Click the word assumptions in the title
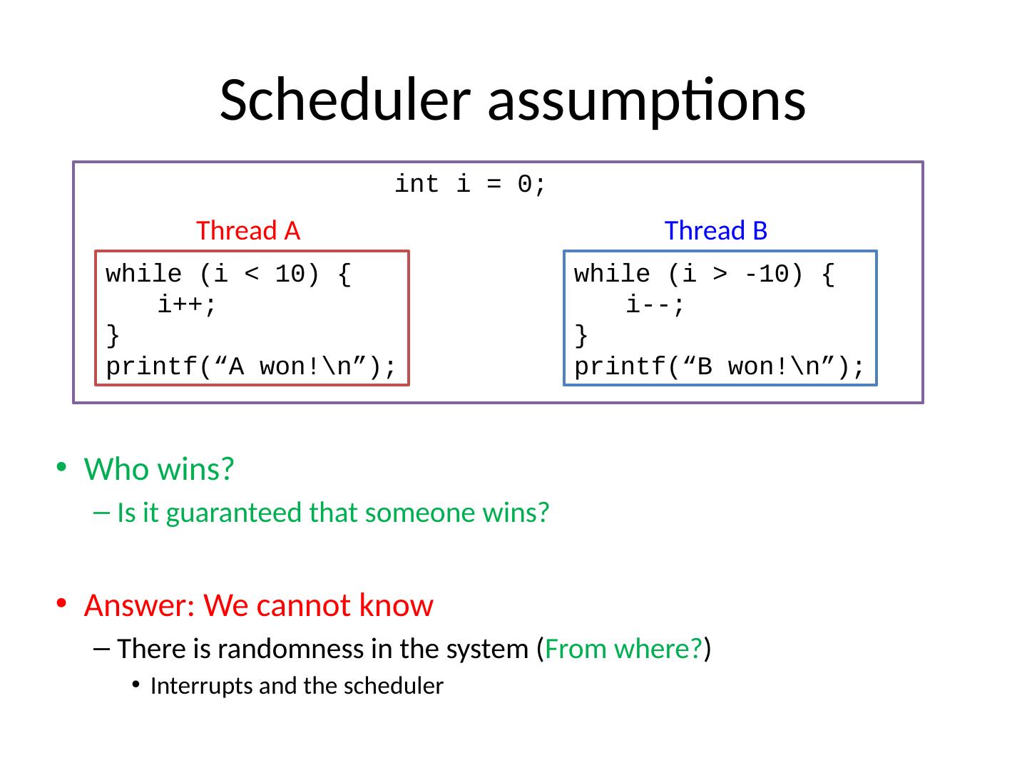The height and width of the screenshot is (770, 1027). pos(647,100)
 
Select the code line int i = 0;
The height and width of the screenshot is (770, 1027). pos(471,184)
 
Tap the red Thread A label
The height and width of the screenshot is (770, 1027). pos(247,231)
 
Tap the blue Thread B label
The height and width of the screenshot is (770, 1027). pos(715,231)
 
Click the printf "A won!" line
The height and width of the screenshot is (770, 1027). pos(251,367)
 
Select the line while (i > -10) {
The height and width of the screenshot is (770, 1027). pos(704,274)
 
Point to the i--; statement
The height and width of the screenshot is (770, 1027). pos(655,305)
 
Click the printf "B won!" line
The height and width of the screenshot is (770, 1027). pos(720,367)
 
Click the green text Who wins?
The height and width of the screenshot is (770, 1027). pos(159,469)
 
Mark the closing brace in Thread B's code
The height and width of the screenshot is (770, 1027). pos(581,335)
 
